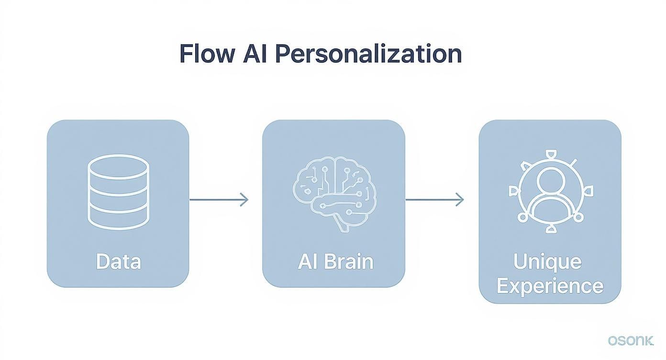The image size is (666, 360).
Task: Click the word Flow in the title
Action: [207, 54]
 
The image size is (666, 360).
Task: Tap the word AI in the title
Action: [256, 54]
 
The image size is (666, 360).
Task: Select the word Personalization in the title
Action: [369, 54]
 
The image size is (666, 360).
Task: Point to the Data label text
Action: [118, 262]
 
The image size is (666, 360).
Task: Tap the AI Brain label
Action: [335, 262]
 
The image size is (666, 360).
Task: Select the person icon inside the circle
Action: [550, 194]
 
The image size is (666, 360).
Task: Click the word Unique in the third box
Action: [547, 262]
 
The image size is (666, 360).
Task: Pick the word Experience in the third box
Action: [550, 286]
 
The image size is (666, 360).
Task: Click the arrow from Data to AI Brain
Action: [219, 199]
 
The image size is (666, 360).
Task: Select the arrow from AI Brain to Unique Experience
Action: [434, 199]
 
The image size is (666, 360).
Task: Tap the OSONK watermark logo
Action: [631, 341]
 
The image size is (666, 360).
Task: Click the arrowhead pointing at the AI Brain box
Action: [244, 199]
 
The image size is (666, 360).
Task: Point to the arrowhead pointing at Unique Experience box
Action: [460, 199]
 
